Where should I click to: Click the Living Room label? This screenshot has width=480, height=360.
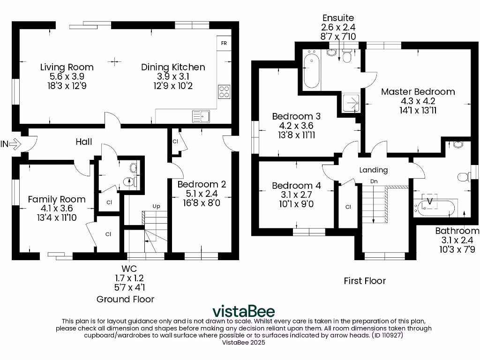point(67,67)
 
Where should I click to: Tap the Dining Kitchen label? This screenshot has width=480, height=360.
point(173,67)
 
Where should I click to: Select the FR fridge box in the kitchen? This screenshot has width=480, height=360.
point(224,43)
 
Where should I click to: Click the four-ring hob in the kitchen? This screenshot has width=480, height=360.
point(225,91)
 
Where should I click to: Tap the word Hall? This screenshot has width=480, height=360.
point(84,142)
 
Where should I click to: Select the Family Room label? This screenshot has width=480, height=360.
point(56,199)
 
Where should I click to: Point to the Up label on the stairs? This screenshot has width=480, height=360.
point(156,206)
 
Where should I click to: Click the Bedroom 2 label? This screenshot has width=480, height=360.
point(202,184)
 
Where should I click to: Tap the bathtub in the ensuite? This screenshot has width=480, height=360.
point(311,72)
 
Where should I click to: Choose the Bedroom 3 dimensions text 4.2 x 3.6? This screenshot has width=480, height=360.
point(296,126)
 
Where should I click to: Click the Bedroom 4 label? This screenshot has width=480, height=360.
point(296,186)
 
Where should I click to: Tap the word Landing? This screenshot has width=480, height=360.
point(374,170)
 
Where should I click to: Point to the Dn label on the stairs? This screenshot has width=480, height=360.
point(374,181)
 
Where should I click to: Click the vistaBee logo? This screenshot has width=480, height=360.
point(244,311)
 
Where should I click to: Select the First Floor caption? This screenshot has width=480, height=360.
point(365,281)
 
